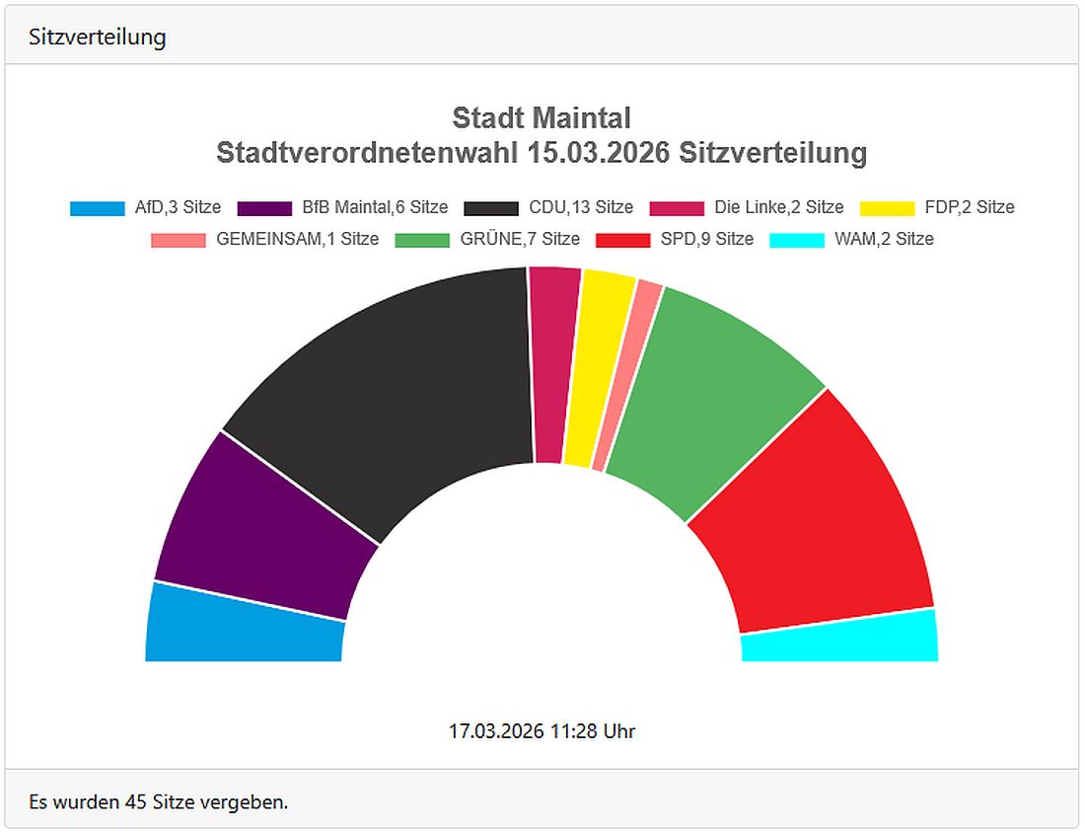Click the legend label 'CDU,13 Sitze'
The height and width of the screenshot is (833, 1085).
(x=580, y=207)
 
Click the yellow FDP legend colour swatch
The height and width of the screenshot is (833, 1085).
(x=887, y=207)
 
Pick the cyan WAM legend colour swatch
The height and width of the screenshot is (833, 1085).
(x=796, y=239)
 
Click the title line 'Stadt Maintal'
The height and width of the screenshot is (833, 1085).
(x=541, y=118)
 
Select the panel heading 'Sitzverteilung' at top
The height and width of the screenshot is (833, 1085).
(x=97, y=38)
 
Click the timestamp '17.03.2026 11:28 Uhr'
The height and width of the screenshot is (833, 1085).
(x=542, y=731)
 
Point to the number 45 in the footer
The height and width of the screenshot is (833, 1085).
(x=136, y=801)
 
